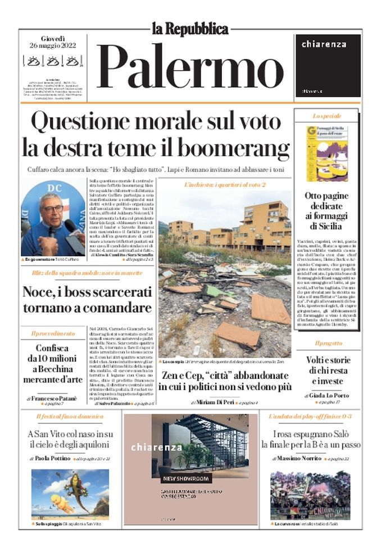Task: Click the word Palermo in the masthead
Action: tap(191, 66)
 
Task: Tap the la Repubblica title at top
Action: tap(190, 29)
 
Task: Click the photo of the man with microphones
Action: tap(53, 218)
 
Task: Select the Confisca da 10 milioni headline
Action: tap(52, 364)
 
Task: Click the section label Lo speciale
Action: tap(326, 116)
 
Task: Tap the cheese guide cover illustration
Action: tap(326, 153)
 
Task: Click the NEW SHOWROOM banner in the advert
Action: tap(185, 478)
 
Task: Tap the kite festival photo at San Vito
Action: tap(70, 494)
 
